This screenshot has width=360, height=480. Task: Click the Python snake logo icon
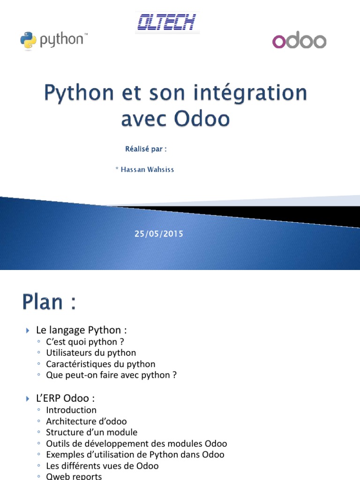pos(28,40)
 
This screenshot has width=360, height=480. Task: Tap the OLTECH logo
pos(167,22)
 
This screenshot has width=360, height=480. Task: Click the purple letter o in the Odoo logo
pos(279,42)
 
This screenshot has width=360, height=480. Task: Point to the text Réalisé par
pos(146,149)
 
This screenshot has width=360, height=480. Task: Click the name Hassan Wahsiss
pos(147,170)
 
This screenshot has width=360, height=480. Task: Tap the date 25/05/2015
pos(159,234)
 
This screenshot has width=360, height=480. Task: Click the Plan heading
pos(49,302)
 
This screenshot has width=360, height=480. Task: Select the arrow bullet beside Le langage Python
pos(28,330)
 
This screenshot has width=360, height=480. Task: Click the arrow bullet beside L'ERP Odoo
pos(28,398)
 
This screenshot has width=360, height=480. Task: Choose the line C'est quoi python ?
pos(85,342)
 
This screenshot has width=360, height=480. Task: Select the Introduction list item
pos(71,410)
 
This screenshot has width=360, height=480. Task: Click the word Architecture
pos(71,421)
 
